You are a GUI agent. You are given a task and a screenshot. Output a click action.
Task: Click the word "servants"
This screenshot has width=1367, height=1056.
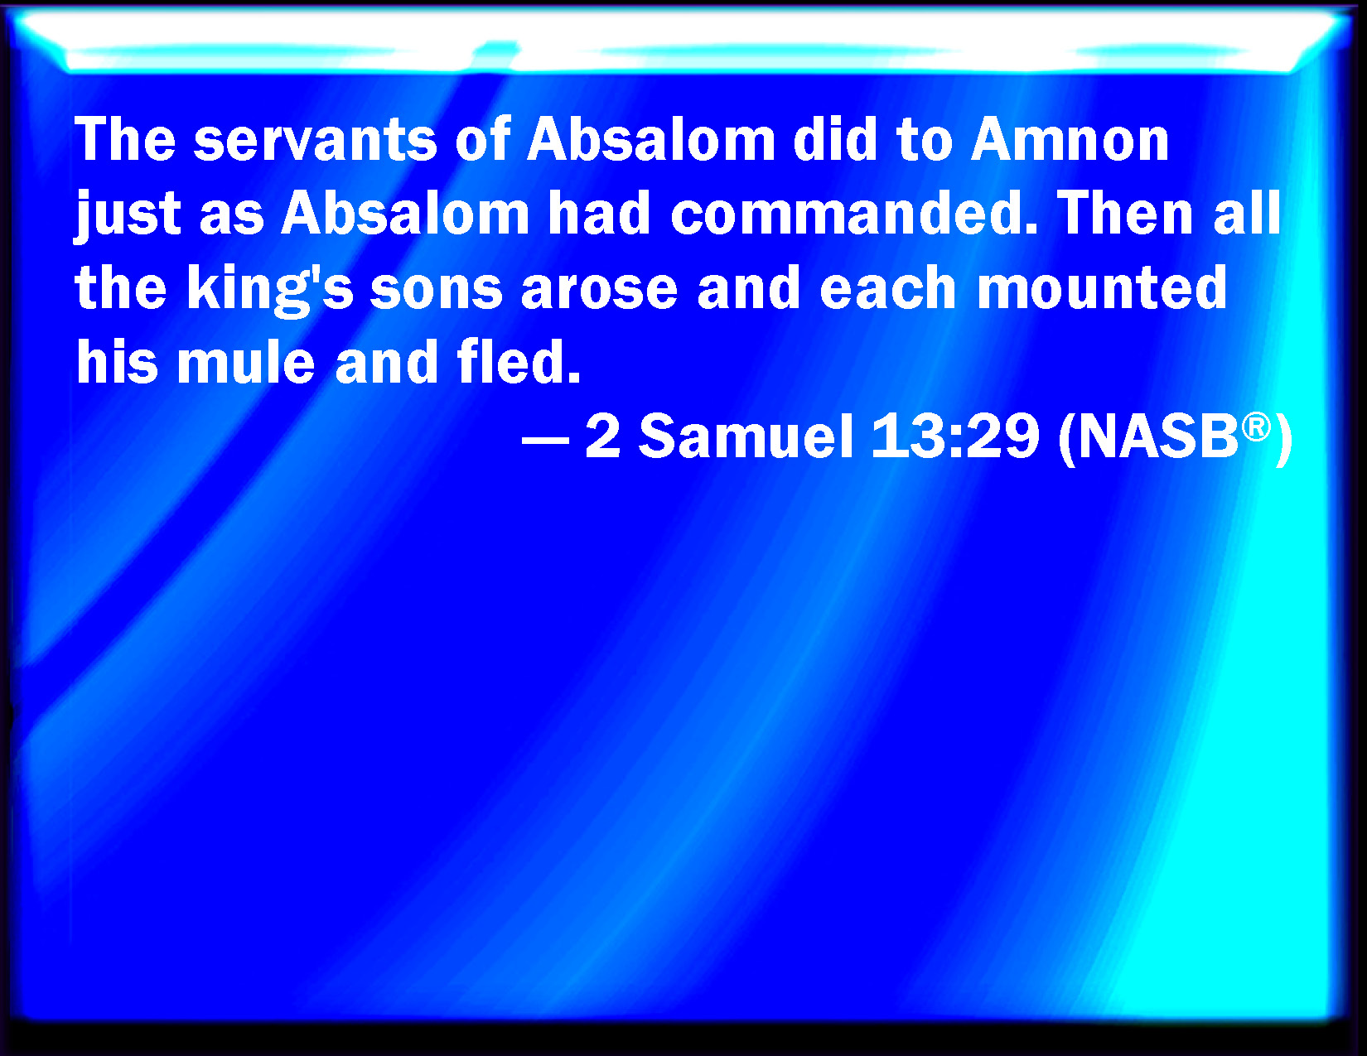(315, 139)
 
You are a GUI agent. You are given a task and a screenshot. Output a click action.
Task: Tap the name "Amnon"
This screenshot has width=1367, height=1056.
(1070, 139)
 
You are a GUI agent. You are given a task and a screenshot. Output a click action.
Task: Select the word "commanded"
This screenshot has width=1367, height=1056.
(853, 213)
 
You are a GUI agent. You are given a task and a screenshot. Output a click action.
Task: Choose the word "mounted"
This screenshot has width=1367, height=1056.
(1102, 289)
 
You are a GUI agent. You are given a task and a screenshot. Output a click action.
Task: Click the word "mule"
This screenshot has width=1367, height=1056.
(246, 362)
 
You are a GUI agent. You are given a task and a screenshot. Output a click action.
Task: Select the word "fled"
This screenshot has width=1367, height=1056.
(519, 362)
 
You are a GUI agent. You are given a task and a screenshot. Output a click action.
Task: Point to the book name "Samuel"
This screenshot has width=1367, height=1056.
(746, 436)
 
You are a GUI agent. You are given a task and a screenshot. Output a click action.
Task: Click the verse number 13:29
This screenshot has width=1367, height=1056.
(955, 436)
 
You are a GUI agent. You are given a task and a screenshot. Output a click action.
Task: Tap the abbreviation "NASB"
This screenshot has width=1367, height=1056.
(1157, 436)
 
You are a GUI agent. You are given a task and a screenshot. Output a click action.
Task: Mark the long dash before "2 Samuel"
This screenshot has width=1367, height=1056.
(545, 440)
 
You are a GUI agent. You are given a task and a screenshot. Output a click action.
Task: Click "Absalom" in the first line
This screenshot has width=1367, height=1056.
(651, 139)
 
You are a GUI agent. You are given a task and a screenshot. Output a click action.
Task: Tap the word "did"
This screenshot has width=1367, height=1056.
(835, 139)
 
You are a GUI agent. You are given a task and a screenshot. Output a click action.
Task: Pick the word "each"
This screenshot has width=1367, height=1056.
(888, 289)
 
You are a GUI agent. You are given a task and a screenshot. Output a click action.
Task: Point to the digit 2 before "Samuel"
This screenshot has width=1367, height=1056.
(602, 436)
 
